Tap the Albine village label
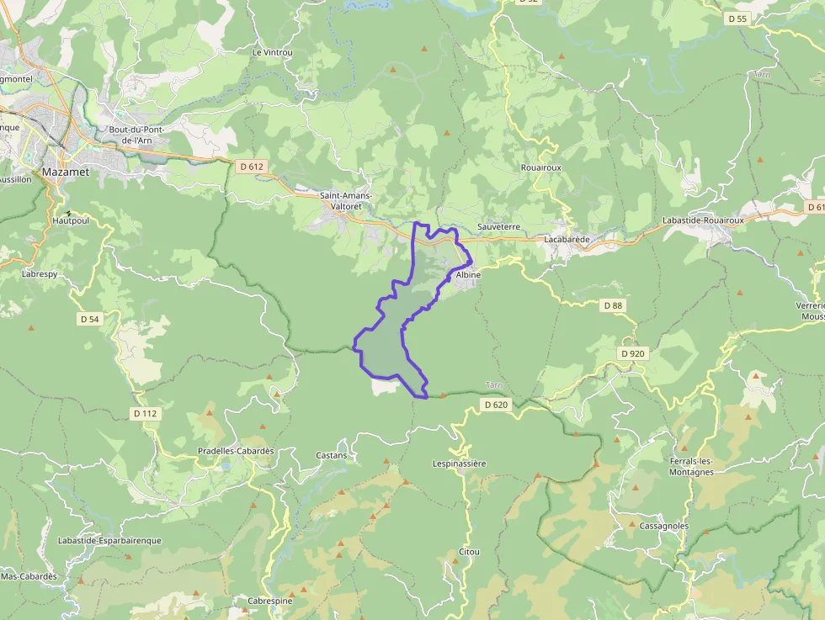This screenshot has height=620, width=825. [x=467, y=275]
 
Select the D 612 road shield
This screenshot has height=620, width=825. [x=252, y=167]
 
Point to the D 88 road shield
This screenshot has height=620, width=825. [x=612, y=305]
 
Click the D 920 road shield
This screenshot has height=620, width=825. [x=632, y=353]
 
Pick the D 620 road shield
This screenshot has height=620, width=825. [x=497, y=405]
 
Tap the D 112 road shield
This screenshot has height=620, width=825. [x=145, y=413]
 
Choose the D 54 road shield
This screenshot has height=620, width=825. [x=88, y=319]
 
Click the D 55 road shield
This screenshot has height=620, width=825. [x=737, y=18]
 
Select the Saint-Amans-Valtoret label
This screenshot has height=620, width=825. [x=346, y=201]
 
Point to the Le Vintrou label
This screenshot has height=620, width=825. [x=272, y=52]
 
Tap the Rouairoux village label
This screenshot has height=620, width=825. [x=540, y=167]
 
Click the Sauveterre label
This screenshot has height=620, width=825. [x=498, y=227]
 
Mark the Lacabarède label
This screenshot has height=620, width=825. [x=567, y=239]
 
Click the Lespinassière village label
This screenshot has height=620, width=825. [x=460, y=464]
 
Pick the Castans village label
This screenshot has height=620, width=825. [x=331, y=455]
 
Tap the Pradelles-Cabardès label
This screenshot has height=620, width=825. [x=236, y=451]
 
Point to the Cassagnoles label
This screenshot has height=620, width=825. [x=664, y=526]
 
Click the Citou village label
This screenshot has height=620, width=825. [x=469, y=552]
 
